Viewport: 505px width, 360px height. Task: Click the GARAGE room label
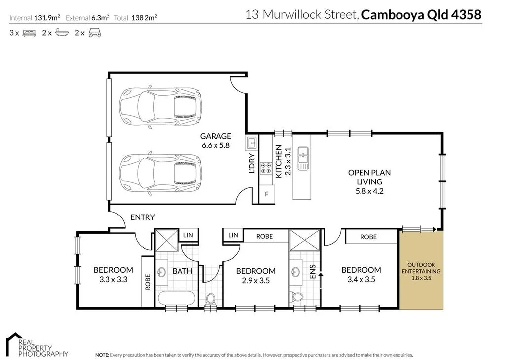[x=215, y=136]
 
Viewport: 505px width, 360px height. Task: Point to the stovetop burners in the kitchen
[x=266, y=168]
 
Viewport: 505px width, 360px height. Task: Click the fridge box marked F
[x=266, y=194]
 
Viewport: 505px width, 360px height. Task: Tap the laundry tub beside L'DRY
[x=251, y=144]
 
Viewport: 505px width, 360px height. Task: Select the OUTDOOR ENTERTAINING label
[x=421, y=268]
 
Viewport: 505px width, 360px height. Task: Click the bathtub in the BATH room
[x=176, y=298]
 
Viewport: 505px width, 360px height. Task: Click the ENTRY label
[x=143, y=217]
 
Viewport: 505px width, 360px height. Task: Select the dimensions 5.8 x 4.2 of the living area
[x=369, y=191]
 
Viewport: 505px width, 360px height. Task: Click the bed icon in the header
[x=29, y=33]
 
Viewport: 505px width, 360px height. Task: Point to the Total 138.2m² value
[x=144, y=18]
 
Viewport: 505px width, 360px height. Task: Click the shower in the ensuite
[x=298, y=240]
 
